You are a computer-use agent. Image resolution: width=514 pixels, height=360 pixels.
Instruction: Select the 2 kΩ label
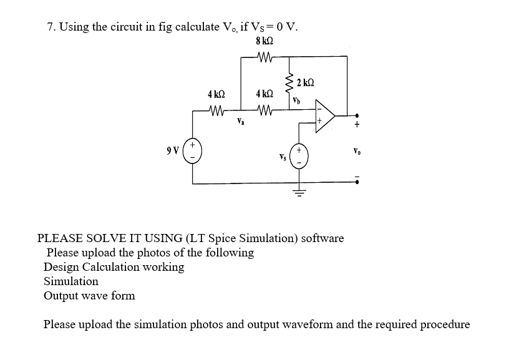pyautogui.click(x=305, y=83)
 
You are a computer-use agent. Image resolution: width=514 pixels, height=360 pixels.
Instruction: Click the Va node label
pyautogui.click(x=240, y=122)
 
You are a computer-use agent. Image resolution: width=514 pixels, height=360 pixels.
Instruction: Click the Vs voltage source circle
pyautogui.click(x=299, y=155)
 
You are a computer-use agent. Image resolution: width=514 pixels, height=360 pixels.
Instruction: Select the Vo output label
pyautogui.click(x=356, y=150)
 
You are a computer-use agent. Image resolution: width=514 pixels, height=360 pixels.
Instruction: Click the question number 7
pyautogui.click(x=51, y=27)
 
